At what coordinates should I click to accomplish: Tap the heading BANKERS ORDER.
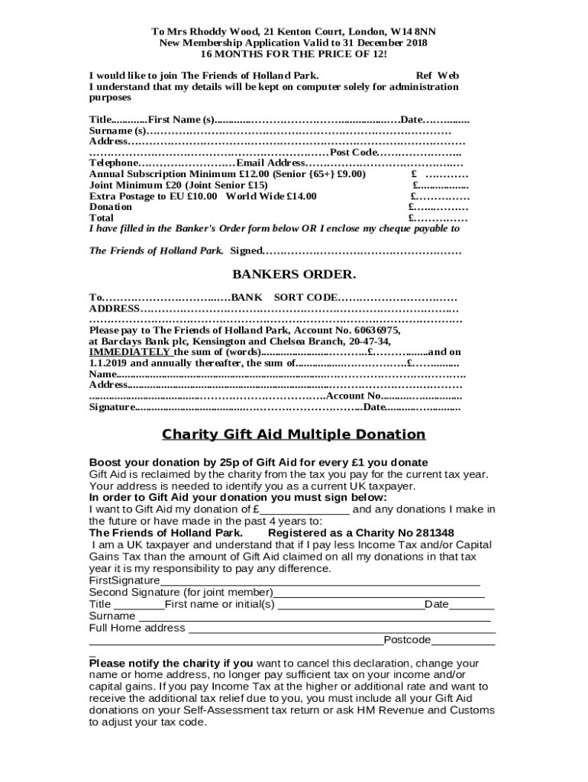(294, 274)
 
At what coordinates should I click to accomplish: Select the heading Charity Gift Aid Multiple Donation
(294, 435)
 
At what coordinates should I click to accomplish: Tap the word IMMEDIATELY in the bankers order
(130, 352)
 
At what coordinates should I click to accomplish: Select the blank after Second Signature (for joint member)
(379, 592)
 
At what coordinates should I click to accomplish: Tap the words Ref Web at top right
(437, 76)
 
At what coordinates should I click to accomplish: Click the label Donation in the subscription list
(110, 207)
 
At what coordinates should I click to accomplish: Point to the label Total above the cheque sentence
(102, 218)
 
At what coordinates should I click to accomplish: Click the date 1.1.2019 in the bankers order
(110, 363)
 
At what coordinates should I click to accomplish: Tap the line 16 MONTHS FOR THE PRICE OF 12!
(294, 54)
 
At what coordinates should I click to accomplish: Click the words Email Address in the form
(270, 163)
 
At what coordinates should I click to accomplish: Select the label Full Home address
(137, 628)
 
